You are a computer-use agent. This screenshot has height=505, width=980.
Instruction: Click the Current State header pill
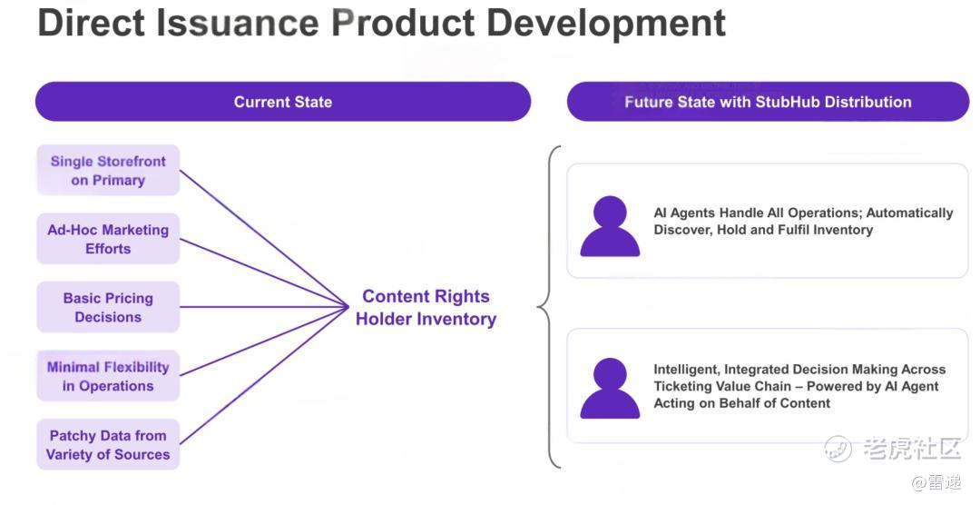point(283,102)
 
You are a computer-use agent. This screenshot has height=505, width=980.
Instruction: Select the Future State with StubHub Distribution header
point(769,102)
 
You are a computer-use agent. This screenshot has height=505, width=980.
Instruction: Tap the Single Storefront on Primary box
point(108,170)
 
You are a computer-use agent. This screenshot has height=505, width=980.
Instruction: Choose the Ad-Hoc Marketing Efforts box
point(108,239)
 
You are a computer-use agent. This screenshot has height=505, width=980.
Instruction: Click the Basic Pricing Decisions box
point(108,307)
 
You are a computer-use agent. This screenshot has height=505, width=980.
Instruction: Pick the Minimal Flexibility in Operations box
point(108,376)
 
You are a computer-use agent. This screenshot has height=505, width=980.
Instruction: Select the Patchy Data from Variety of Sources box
point(108,445)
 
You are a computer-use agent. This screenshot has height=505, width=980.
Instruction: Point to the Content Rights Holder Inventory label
point(426,307)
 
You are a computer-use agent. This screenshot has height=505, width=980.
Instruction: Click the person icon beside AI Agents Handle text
point(610,226)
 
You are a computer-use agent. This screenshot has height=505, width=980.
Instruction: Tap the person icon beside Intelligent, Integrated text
point(610,388)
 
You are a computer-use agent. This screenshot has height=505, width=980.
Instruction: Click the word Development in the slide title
point(605,24)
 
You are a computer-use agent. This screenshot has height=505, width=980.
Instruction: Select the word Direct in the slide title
point(92,23)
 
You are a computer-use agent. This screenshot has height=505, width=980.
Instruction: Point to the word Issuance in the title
point(238,23)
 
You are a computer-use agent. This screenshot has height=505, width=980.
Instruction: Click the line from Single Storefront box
point(264,238)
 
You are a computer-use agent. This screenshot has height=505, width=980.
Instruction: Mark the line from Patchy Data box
point(264,375)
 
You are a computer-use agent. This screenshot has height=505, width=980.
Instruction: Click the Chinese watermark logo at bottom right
point(892,448)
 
